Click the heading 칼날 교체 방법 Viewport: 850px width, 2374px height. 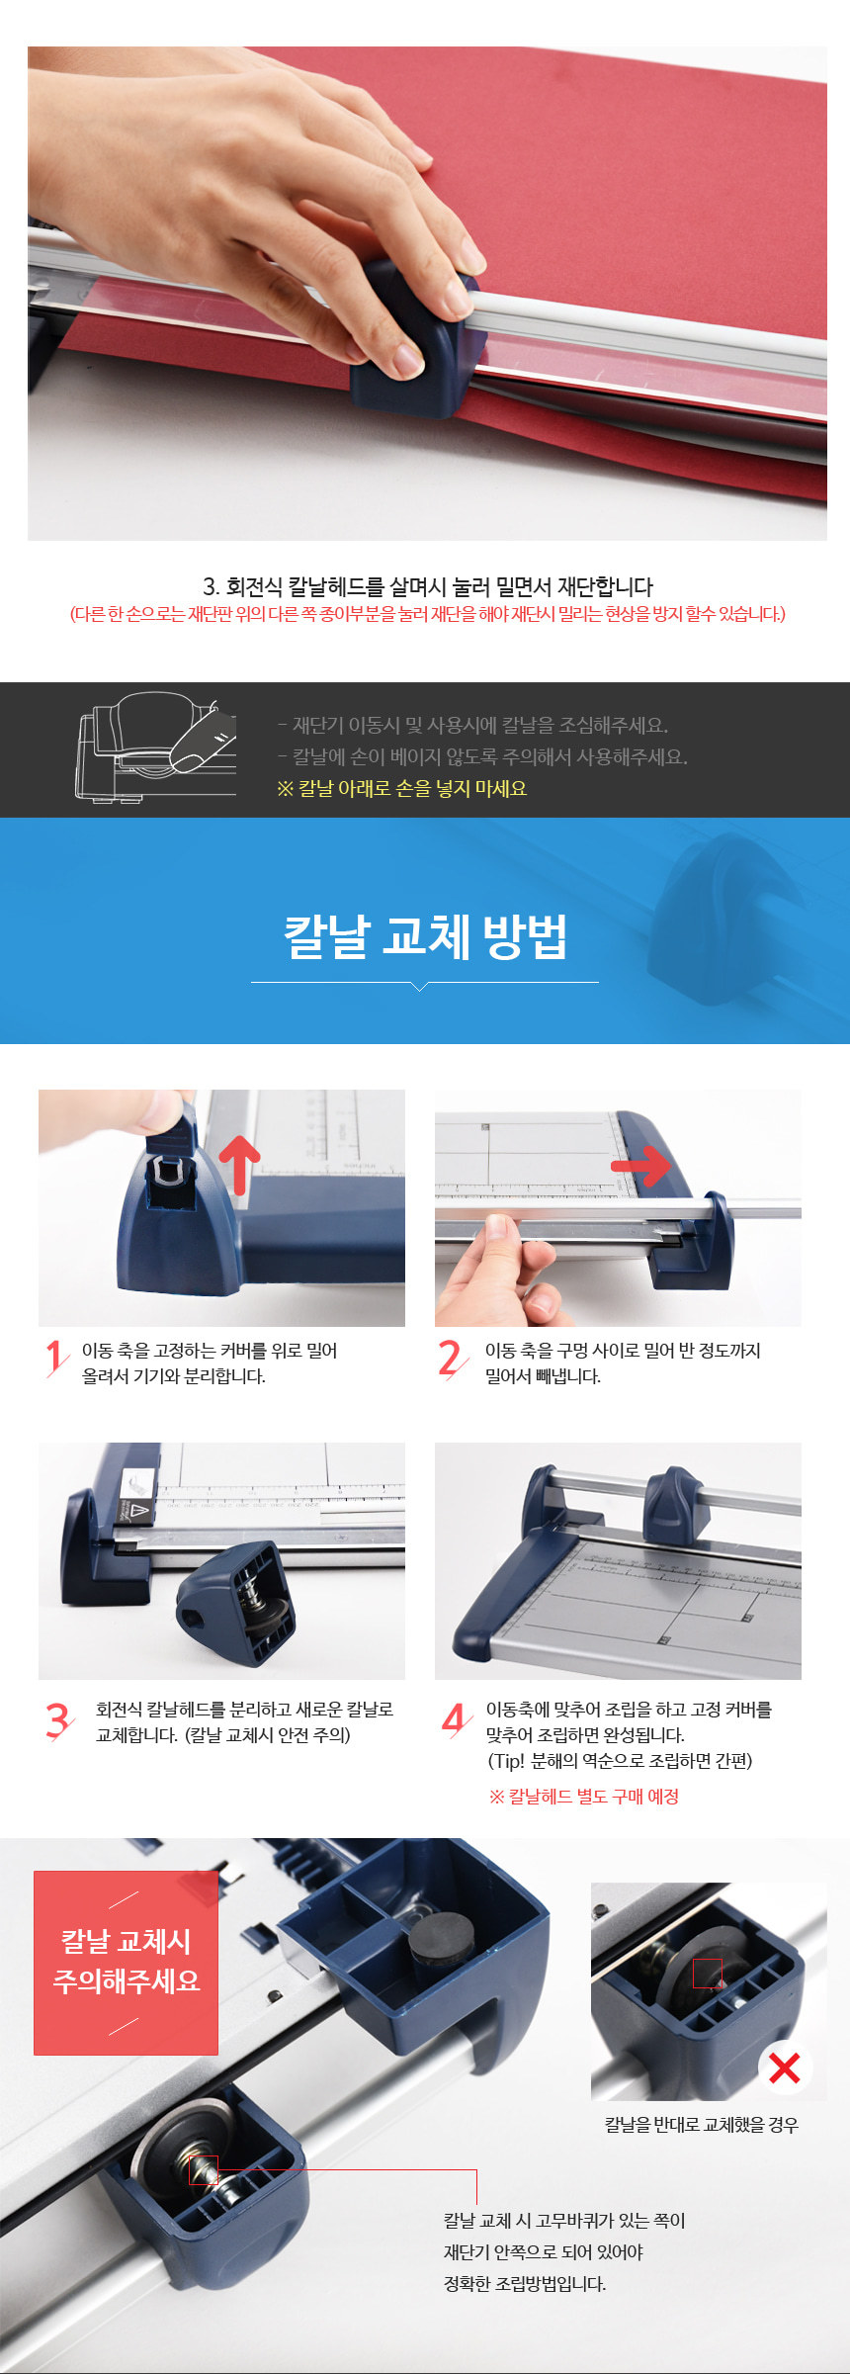pyautogui.click(x=425, y=936)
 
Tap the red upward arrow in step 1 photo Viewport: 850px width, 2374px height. pyautogui.click(x=239, y=1164)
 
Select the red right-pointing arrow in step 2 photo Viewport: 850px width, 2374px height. pyautogui.click(x=640, y=1166)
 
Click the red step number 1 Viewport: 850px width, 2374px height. pyautogui.click(x=56, y=1358)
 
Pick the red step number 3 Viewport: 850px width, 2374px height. pyautogui.click(x=58, y=1719)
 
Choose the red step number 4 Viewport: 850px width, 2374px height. pyautogui.click(x=455, y=1719)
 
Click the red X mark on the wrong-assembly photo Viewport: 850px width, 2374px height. pyautogui.click(x=785, y=2066)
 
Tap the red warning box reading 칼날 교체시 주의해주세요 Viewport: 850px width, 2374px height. pyautogui.click(x=127, y=1962)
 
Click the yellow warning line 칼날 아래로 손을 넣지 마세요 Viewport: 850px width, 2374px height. pyautogui.click(x=401, y=788)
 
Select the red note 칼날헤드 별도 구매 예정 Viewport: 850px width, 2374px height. pyautogui.click(x=583, y=1796)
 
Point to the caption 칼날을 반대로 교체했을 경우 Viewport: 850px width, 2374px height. pyautogui.click(x=702, y=2124)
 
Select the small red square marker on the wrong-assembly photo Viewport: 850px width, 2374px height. pyautogui.click(x=708, y=1973)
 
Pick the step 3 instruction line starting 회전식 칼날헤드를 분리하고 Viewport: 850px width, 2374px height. pyautogui.click(x=244, y=1709)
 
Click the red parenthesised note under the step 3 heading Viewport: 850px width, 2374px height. pyautogui.click(x=427, y=614)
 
